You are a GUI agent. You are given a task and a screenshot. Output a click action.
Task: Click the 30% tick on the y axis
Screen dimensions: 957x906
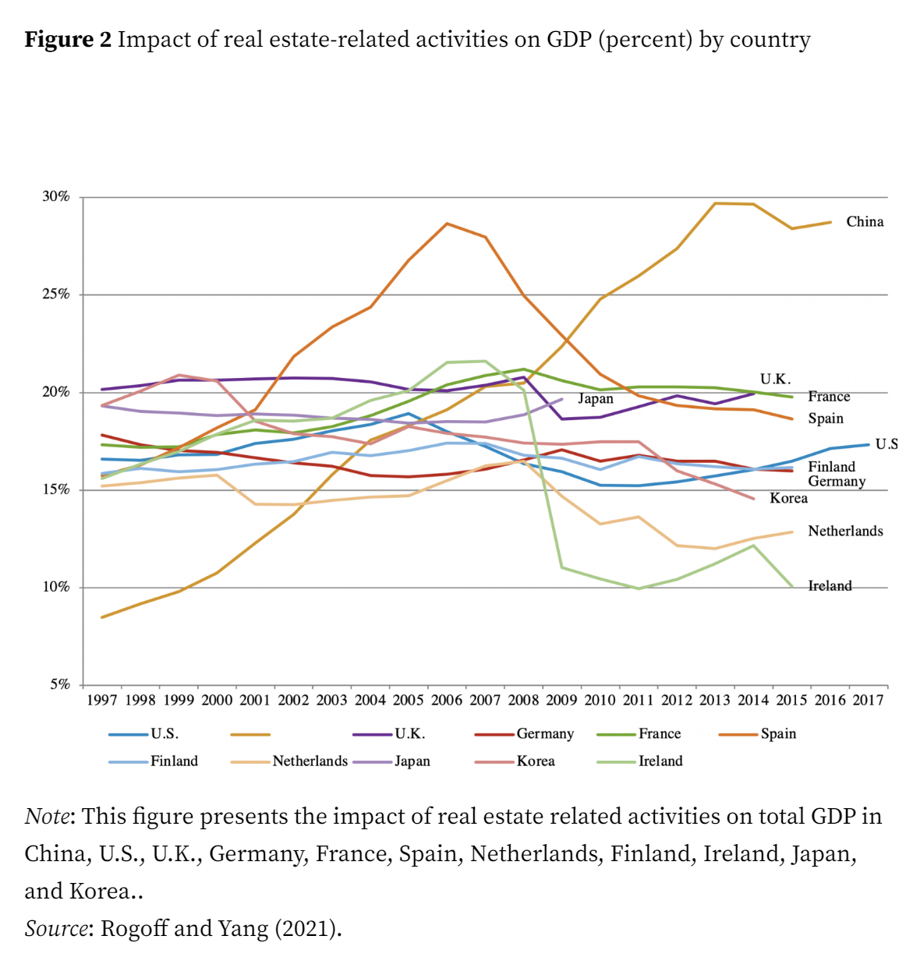tap(56, 197)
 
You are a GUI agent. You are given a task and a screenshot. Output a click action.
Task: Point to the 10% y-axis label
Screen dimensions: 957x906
tap(56, 588)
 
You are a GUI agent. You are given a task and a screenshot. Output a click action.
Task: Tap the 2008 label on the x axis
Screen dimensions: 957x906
tap(523, 700)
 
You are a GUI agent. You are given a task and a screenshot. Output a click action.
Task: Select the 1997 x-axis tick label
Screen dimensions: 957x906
tap(102, 700)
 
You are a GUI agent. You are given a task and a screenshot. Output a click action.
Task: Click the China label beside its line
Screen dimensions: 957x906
tap(865, 222)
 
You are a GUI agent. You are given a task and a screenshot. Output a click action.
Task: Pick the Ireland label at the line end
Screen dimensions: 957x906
tap(830, 586)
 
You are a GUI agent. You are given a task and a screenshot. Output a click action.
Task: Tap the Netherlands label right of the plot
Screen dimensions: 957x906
tap(845, 531)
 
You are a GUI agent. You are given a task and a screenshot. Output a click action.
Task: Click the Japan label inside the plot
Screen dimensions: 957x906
tap(596, 399)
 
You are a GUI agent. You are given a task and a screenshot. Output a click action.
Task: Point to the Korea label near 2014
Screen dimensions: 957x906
tap(788, 499)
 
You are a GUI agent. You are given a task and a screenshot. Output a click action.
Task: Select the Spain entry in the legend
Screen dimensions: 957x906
tap(778, 734)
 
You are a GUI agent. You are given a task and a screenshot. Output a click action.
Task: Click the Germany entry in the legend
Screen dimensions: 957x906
tap(545, 734)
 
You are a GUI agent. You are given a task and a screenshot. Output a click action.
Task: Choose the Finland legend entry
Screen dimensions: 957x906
tap(174, 761)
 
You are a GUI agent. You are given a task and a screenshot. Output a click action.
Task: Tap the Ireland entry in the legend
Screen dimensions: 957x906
tap(660, 761)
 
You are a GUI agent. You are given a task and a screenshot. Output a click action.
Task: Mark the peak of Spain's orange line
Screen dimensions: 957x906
tap(447, 224)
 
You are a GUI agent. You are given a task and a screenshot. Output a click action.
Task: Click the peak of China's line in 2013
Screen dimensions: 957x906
tap(715, 203)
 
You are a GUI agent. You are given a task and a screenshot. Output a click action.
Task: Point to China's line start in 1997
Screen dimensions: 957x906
tap(102, 617)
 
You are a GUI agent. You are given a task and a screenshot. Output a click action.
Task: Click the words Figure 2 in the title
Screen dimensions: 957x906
tap(69, 40)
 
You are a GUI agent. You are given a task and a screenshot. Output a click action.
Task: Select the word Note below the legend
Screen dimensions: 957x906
tap(48, 817)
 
